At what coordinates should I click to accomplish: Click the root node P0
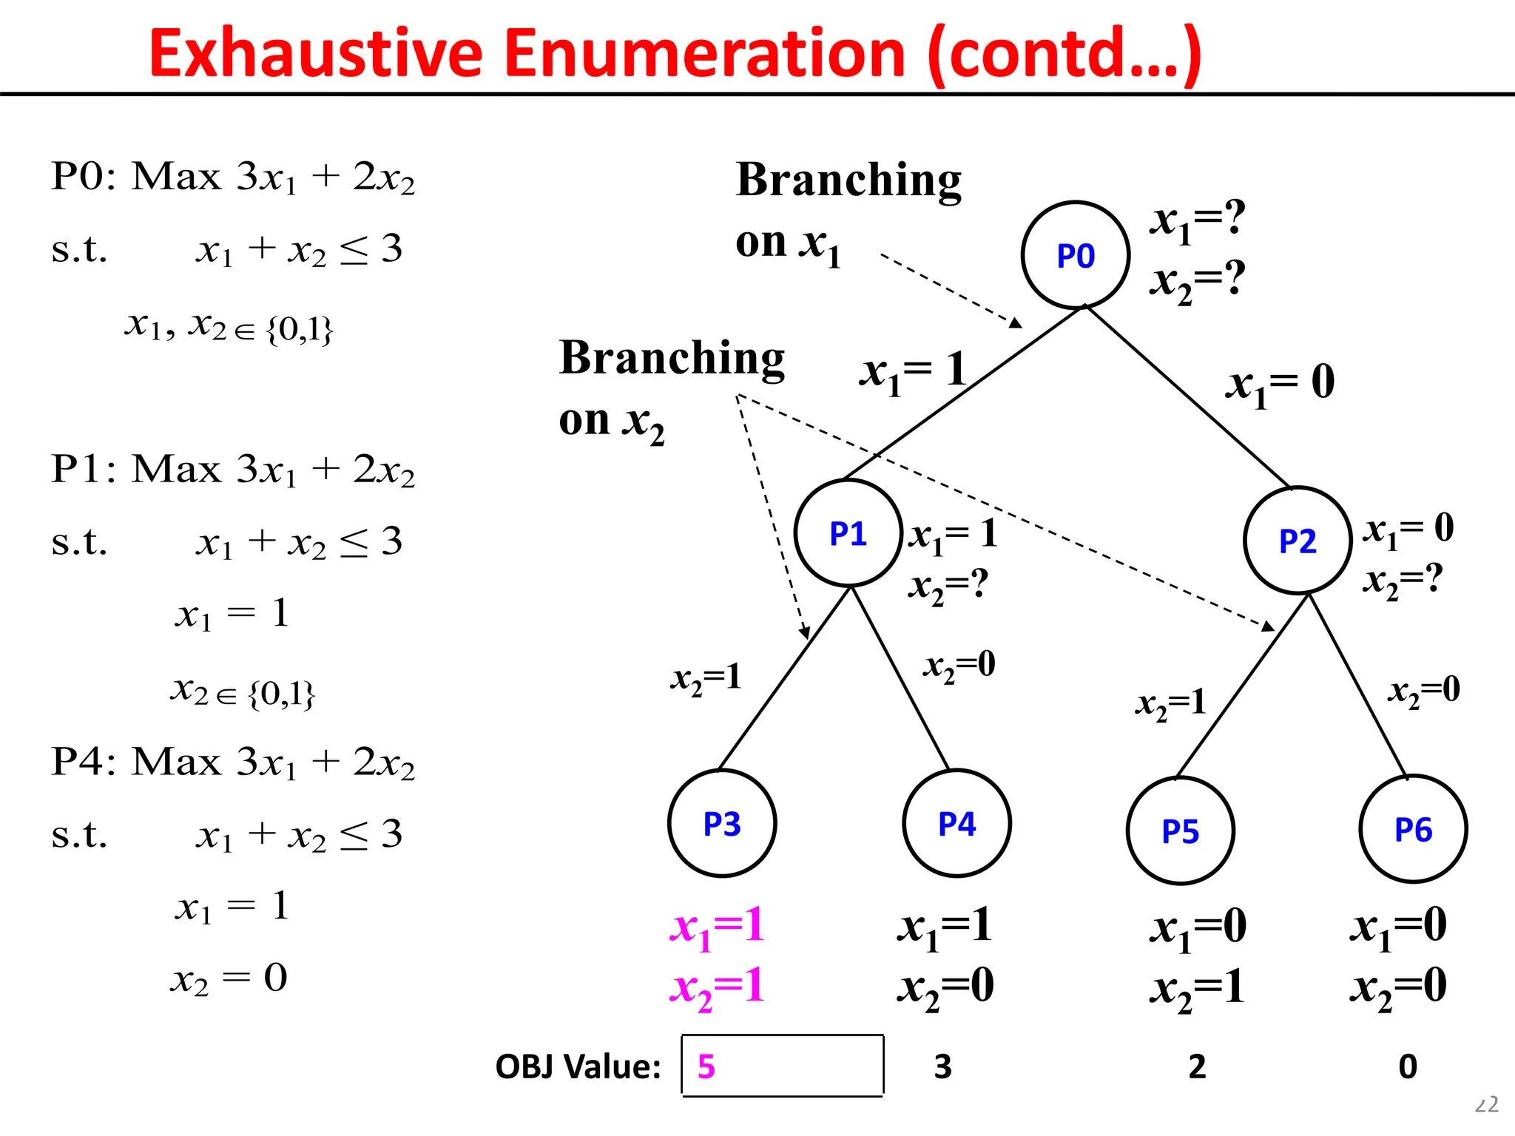[x=1075, y=255]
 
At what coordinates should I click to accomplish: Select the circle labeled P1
[x=848, y=533]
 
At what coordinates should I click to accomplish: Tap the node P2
[x=1298, y=541]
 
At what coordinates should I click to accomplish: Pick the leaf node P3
[x=722, y=823]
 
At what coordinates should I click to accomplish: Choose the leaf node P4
[x=956, y=823]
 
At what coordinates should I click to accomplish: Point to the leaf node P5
[x=1180, y=831]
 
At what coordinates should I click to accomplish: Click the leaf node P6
[x=1413, y=829]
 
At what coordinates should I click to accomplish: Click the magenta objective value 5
[x=706, y=1066]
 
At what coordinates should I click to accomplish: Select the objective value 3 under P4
[x=942, y=1066]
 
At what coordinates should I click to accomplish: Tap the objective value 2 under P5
[x=1197, y=1066]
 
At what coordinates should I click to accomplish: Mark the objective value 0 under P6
[x=1408, y=1066]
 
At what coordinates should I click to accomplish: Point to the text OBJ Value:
[x=578, y=1066]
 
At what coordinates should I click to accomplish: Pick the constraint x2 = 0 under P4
[x=229, y=978]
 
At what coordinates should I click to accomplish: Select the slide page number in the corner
[x=1486, y=1105]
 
